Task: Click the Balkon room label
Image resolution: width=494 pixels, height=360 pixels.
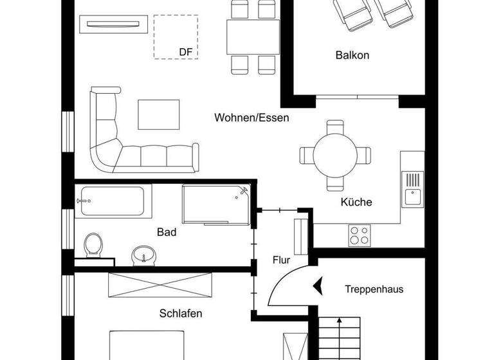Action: pos(352,55)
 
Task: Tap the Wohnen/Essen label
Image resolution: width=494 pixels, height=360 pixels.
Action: pos(252,118)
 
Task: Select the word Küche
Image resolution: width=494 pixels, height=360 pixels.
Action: pos(356,202)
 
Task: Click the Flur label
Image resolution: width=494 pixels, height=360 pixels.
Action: pos(281,260)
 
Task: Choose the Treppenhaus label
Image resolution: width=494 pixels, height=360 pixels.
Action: pos(374,289)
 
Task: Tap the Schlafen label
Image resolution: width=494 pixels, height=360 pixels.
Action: pos(181,314)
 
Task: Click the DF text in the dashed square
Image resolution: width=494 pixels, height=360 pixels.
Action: pos(186,51)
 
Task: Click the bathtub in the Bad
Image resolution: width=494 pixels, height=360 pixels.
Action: pos(113,201)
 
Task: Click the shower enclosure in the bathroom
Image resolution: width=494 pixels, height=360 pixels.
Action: pos(214,205)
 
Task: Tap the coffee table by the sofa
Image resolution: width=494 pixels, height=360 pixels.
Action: pos(159,114)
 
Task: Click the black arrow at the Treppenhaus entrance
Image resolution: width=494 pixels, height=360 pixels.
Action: pos(316,285)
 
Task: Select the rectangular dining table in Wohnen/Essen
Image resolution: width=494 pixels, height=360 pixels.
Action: pos(252,37)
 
